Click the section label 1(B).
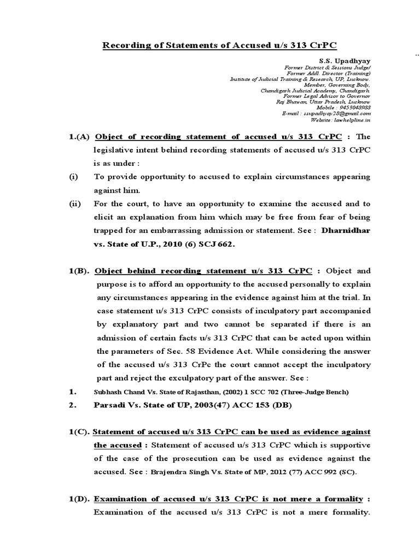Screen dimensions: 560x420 coord(75,271)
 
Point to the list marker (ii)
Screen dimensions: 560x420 coord(74,204)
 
